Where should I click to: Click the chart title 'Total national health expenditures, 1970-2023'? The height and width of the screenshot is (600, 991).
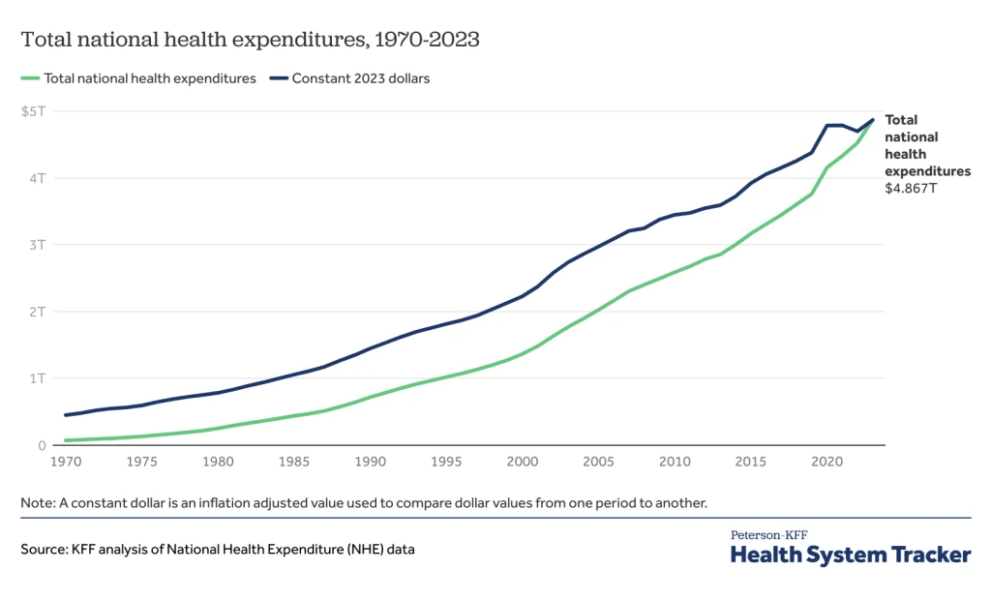pos(251,41)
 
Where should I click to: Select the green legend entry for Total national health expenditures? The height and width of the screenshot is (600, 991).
pos(138,78)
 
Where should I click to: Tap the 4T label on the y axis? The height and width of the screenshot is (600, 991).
pos(37,178)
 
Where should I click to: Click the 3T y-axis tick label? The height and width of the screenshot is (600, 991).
pos(37,245)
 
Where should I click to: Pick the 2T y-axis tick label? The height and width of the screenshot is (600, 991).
pos(37,312)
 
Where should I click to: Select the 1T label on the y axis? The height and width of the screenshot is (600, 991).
pos(37,378)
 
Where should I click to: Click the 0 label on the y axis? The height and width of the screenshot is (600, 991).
pos(42,445)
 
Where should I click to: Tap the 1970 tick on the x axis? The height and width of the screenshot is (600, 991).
pos(66,463)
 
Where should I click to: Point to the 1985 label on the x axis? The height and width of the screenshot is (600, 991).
pos(293,463)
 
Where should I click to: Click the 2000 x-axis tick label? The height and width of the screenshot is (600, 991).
pos(522,463)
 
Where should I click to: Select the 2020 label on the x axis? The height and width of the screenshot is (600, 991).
pos(826,463)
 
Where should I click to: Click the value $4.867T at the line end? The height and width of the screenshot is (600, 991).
pos(912,189)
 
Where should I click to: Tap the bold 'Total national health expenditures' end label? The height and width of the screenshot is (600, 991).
pos(926,145)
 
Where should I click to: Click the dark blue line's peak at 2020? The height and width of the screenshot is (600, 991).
pos(827,125)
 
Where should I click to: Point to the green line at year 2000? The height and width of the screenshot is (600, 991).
pos(522,354)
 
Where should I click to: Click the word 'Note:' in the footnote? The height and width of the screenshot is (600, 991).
pos(38,503)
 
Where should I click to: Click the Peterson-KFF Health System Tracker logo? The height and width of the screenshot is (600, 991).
pos(850,549)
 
